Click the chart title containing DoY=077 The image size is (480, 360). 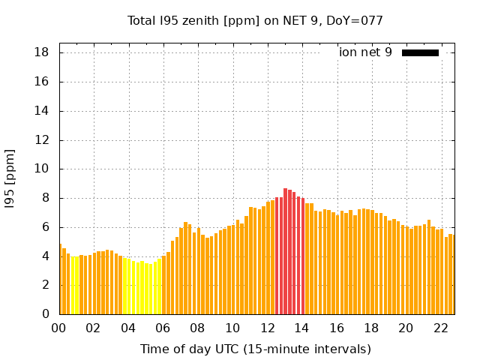click(x=255, y=21)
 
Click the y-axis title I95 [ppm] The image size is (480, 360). click(x=10, y=178)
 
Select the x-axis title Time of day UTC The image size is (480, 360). click(x=255, y=349)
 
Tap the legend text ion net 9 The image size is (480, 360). click(x=365, y=52)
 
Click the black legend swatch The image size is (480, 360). click(x=420, y=52)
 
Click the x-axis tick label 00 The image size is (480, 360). click(x=59, y=328)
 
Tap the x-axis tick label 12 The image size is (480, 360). click(x=268, y=328)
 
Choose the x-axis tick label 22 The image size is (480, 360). click(x=441, y=328)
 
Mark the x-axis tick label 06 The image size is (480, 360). click(x=163, y=328)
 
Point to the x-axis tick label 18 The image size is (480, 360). click(x=372, y=328)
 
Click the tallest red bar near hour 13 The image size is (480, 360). click(x=286, y=251)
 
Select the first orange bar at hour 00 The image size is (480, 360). click(x=60, y=279)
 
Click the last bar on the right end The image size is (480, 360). click(x=451, y=274)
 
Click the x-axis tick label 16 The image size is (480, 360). click(x=337, y=328)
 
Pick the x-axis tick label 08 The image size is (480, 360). click(x=198, y=328)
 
